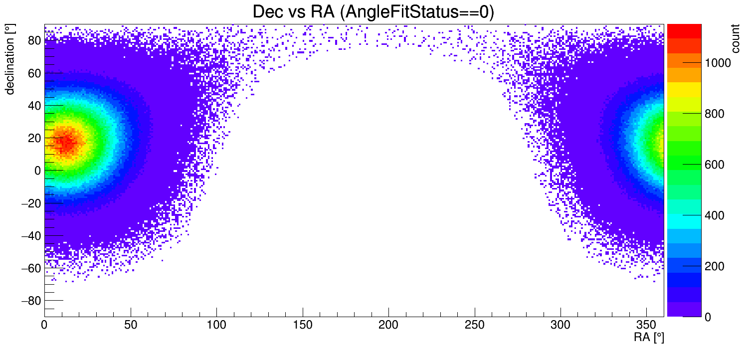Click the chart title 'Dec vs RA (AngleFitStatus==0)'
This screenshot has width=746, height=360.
[373, 12]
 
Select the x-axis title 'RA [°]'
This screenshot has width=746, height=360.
[649, 338]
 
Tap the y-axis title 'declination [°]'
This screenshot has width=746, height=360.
[10, 60]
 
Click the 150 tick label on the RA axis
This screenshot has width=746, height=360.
[303, 326]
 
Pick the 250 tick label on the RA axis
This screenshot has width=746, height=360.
[475, 326]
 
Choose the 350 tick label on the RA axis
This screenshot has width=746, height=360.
[647, 326]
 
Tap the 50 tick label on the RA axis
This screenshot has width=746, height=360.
[131, 326]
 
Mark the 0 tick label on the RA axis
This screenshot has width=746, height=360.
[45, 326]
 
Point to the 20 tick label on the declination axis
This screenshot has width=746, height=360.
[34, 138]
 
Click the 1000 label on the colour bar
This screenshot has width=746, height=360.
[718, 63]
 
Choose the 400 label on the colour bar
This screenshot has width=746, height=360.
[714, 215]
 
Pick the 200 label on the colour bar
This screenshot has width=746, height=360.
[714, 266]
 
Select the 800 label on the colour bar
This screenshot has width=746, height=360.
[714, 114]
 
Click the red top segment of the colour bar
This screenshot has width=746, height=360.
[684, 31]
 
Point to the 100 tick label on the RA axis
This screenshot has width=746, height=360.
[216, 326]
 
